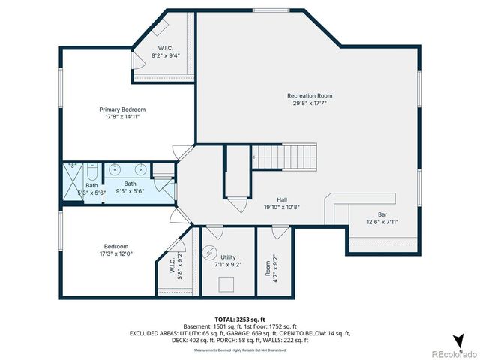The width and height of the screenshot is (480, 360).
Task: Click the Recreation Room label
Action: pyautogui.click(x=310, y=96)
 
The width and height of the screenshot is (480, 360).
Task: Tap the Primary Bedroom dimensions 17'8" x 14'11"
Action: pyautogui.click(x=122, y=117)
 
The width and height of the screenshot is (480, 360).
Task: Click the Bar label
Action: pyautogui.click(x=382, y=214)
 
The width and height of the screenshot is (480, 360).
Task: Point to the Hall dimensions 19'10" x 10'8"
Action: pyautogui.click(x=281, y=207)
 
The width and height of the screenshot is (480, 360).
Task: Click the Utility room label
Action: pyautogui.click(x=228, y=256)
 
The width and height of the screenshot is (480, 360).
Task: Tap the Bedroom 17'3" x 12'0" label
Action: pyautogui.click(x=115, y=250)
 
